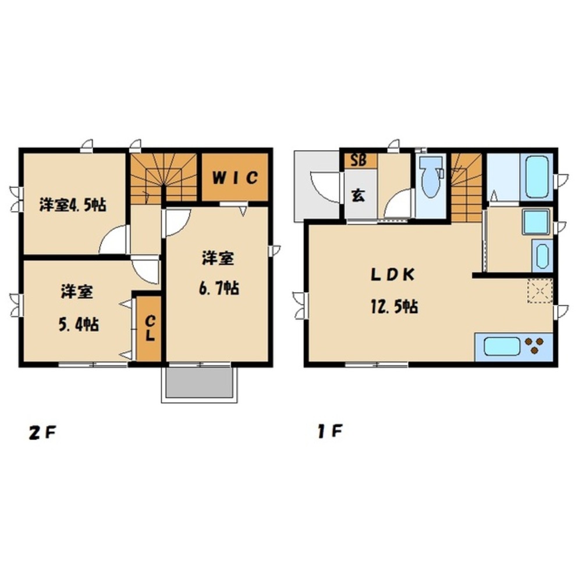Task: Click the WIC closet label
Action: click(x=235, y=178)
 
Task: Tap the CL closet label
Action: click(x=150, y=328)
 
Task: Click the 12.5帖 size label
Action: click(x=394, y=307)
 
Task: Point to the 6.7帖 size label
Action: click(x=219, y=288)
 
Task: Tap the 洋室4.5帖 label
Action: click(x=73, y=205)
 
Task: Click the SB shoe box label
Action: click(x=359, y=161)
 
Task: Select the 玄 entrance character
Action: click(x=358, y=195)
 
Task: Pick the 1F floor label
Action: click(x=329, y=431)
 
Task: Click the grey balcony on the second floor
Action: click(x=200, y=383)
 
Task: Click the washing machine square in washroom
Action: click(x=535, y=222)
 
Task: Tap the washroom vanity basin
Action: click(x=542, y=255)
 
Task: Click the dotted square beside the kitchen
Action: click(x=540, y=290)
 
